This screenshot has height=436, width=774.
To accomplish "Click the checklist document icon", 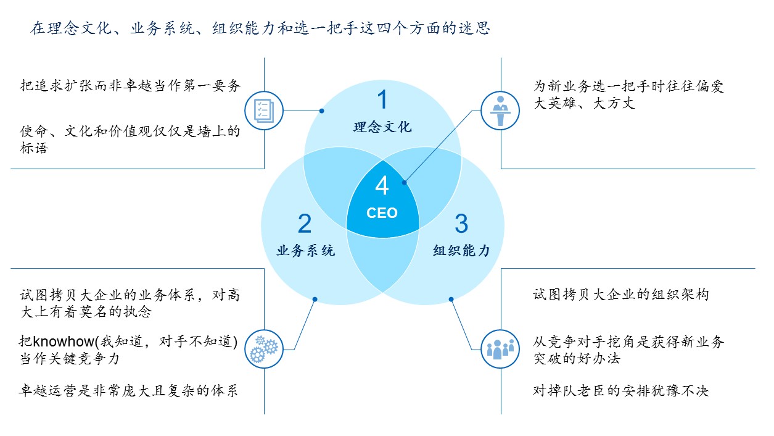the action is pos(264,111).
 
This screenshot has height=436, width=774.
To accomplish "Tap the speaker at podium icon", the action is pos(500,111).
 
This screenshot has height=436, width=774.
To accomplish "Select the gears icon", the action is pos(264,349).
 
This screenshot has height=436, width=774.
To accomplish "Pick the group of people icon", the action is pos(500,349).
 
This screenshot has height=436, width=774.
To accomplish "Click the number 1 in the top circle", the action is pos(382,99).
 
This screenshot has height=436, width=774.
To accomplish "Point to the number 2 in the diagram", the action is pos(305,224).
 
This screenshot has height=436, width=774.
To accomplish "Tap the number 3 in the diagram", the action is pos(461,224).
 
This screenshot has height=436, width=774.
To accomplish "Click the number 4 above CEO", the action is pos(382,186).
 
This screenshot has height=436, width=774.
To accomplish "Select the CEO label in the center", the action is pos(382,213).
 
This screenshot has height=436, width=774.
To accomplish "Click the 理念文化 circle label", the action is pos(382,127).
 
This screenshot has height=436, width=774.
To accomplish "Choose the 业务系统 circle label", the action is pos(306,251).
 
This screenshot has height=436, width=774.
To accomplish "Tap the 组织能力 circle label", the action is pos(462,251).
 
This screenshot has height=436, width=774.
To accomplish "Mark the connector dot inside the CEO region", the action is pos(405,183).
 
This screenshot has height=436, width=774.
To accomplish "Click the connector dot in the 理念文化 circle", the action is pos(322,111).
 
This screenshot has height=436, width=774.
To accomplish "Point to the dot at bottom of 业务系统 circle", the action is pos(315,299).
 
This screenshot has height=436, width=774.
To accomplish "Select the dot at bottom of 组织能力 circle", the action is pos(451,299).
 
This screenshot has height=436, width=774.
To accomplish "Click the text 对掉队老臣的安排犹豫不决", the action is pos(621,391).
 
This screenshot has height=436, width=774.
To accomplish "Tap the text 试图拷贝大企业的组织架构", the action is pos(621,295).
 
